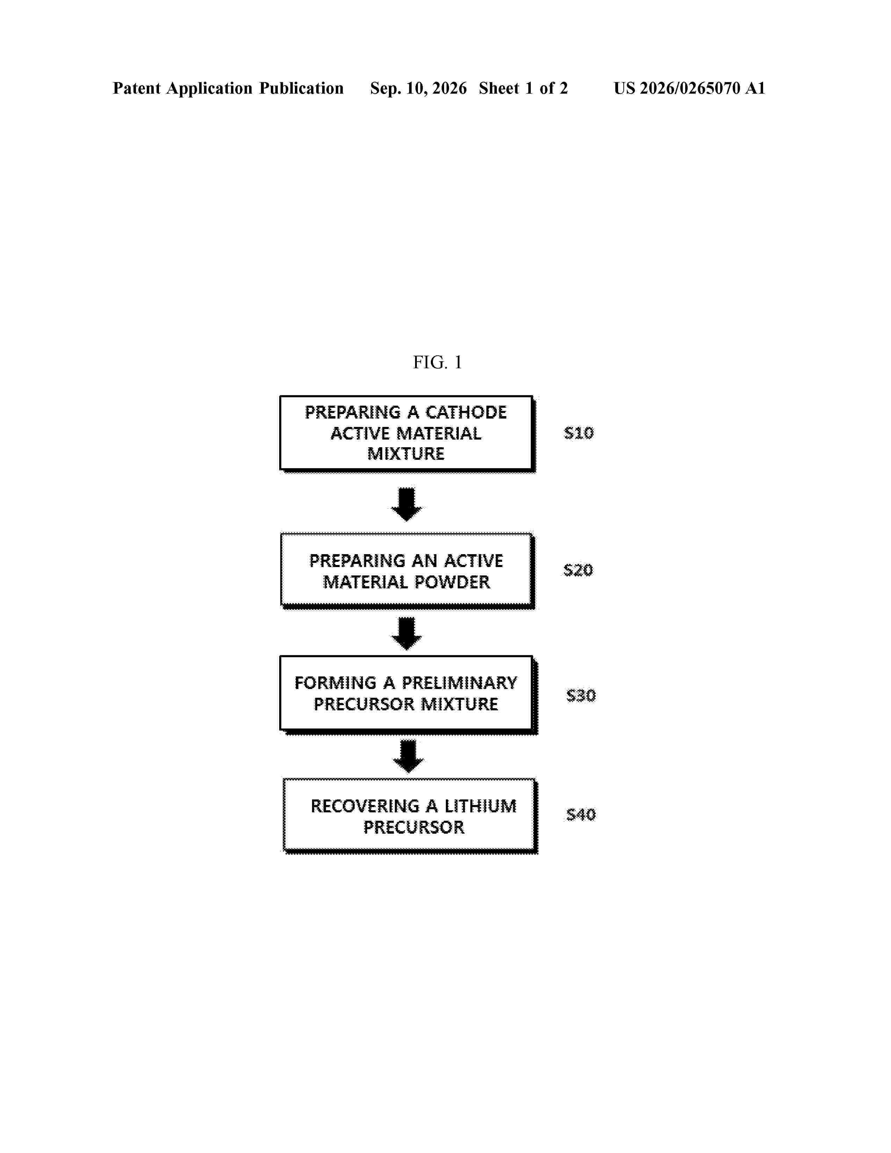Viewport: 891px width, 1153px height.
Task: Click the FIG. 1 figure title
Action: (437, 362)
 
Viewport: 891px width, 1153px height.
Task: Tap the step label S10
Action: (579, 433)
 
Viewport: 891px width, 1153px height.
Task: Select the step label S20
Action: (578, 570)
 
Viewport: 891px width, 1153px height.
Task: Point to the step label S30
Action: (581, 695)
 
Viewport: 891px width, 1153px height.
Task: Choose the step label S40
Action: (581, 814)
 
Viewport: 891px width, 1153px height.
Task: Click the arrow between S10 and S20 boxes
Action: (406, 504)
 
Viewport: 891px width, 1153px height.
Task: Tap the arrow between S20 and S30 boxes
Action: (406, 633)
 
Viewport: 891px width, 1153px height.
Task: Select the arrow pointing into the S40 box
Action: (408, 756)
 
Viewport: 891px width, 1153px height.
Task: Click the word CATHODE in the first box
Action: (466, 412)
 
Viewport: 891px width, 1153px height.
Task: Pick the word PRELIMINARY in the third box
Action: (459, 683)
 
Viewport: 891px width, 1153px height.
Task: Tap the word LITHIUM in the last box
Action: (480, 806)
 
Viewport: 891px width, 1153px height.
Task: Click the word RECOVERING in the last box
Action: (365, 806)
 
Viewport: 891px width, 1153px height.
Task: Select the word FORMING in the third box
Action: (335, 683)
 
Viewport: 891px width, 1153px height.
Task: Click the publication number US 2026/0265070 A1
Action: (689, 88)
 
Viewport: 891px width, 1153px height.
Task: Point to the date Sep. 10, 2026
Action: (418, 88)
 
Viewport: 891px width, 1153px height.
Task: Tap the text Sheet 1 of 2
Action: (523, 88)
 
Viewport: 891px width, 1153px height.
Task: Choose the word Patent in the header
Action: (136, 88)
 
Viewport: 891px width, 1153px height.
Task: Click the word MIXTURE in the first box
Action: (406, 454)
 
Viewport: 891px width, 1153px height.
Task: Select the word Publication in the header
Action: (301, 88)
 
